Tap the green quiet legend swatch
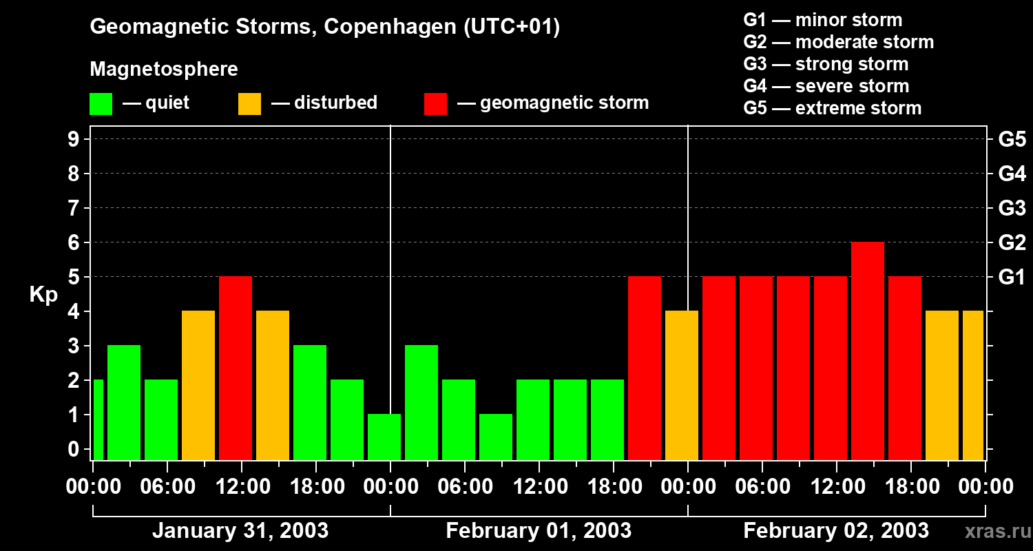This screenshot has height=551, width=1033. pyautogui.click(x=101, y=104)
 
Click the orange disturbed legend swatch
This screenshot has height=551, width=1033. pyautogui.click(x=249, y=104)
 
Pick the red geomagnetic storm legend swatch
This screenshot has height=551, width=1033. pyautogui.click(x=435, y=104)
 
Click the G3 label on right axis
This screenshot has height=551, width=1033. pyautogui.click(x=1012, y=208)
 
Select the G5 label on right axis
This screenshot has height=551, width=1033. pyautogui.click(x=1012, y=140)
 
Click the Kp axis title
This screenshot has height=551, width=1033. pyautogui.click(x=43, y=295)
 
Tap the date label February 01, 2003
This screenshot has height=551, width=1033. pyautogui.click(x=539, y=531)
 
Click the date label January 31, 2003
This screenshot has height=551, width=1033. pyautogui.click(x=240, y=531)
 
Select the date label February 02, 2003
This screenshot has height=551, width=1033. pyautogui.click(x=835, y=531)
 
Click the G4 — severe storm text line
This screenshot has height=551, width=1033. pyautogui.click(x=826, y=86)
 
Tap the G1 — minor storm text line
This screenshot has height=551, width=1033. pyautogui.click(x=822, y=20)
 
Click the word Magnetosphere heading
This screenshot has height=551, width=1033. pyautogui.click(x=164, y=70)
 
